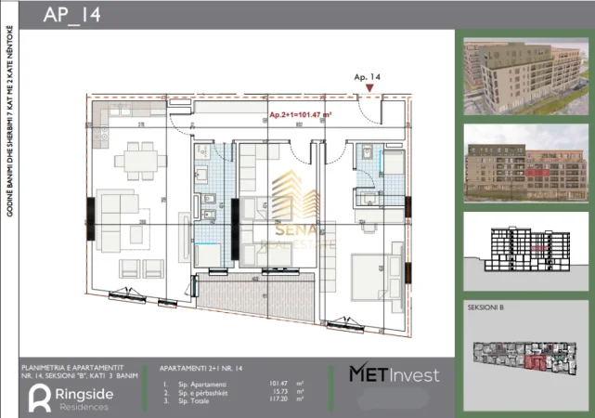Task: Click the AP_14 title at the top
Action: click(x=72, y=16)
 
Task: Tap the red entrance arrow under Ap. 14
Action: click(x=370, y=88)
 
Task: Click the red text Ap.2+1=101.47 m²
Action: click(x=301, y=114)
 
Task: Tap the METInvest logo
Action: click(x=394, y=373)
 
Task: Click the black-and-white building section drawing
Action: click(x=524, y=250)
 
